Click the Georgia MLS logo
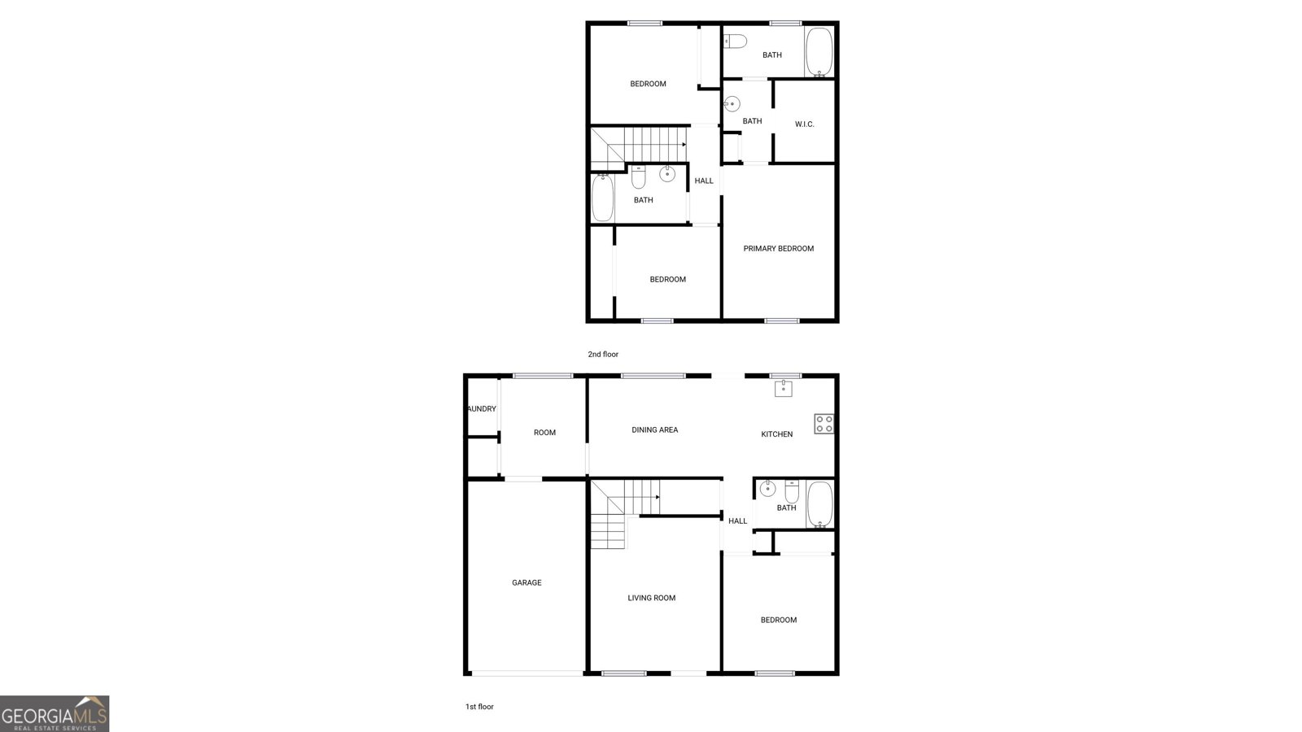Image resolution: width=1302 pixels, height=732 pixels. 55,713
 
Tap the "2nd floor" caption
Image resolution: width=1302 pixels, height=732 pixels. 603,355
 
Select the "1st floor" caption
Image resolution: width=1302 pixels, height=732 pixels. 479,707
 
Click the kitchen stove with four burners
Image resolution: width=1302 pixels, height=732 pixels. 824,424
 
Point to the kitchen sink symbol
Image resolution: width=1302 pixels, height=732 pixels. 782,389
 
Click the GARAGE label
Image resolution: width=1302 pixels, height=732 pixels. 526,582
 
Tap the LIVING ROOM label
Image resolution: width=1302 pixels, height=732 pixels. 651,598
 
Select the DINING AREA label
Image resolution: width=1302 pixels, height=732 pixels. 654,430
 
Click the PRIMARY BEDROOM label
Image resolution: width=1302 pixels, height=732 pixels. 778,249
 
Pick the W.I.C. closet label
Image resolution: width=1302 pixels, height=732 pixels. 804,124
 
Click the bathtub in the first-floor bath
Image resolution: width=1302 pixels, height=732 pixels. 819,505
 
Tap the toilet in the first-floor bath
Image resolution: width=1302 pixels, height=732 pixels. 792,491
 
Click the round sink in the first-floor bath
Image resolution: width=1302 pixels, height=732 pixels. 767,489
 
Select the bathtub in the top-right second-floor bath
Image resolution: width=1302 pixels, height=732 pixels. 819,52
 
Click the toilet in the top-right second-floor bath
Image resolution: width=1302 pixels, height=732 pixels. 735,41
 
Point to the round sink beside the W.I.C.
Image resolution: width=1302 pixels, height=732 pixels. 732,104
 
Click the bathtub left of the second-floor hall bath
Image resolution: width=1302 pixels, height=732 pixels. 602,198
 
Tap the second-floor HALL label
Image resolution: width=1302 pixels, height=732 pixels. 704,181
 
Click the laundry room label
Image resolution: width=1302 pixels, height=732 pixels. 482,409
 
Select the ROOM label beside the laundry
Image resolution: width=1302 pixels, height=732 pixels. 544,433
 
